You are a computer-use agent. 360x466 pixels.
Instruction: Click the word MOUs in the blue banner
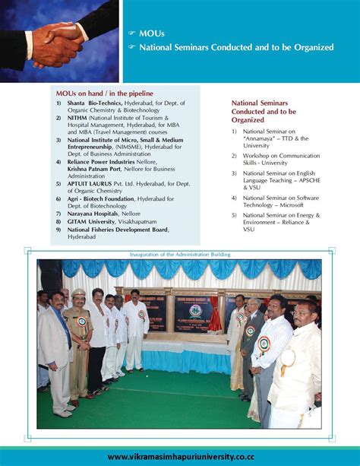coord(151,33)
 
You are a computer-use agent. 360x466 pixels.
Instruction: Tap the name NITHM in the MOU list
coord(76,119)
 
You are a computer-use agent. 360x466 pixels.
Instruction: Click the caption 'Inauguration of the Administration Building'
coord(179,254)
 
